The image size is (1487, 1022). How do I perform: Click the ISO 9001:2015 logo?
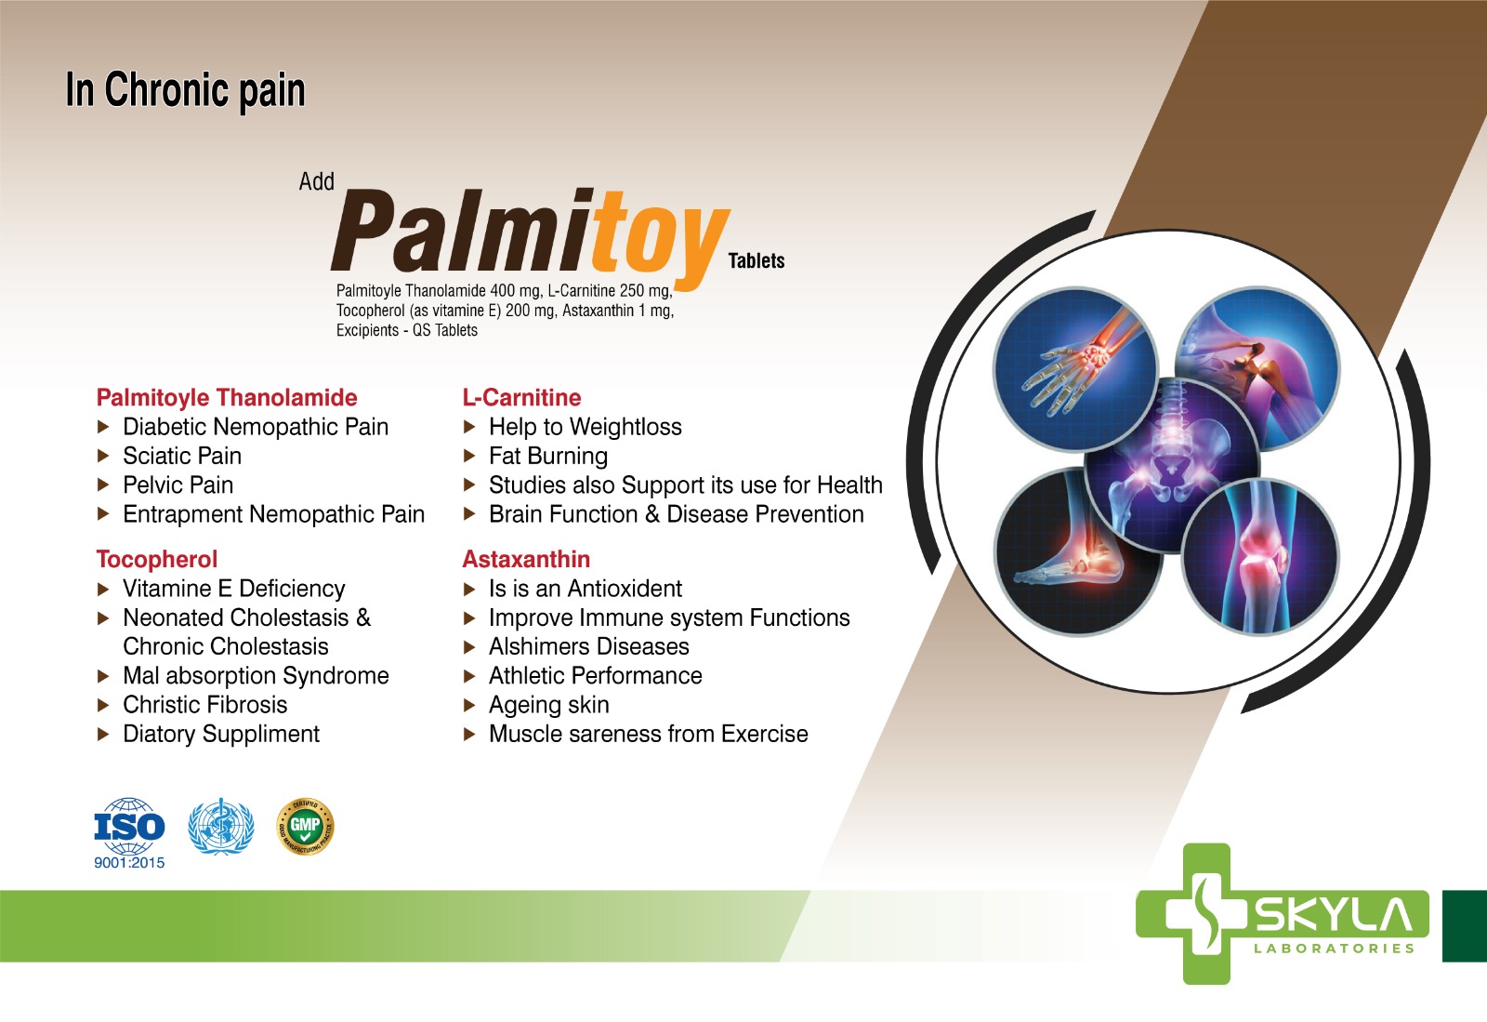pyautogui.click(x=129, y=833)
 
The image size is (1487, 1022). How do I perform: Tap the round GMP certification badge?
pyautogui.click(x=305, y=826)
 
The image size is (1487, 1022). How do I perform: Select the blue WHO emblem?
pyautogui.click(x=221, y=827)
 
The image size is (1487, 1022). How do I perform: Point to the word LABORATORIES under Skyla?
pyautogui.click(x=1335, y=949)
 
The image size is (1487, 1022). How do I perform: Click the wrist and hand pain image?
pyautogui.click(x=1075, y=368)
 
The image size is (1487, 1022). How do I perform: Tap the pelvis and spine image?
pyautogui.click(x=1172, y=465)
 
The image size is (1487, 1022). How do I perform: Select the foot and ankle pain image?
pyautogui.click(x=1079, y=552)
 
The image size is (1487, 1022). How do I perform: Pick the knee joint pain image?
pyautogui.click(x=1260, y=556)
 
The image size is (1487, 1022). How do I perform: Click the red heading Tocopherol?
pyautogui.click(x=157, y=559)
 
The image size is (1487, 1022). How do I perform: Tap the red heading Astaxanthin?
pyautogui.click(x=526, y=559)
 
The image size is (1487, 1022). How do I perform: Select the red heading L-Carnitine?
pyautogui.click(x=521, y=397)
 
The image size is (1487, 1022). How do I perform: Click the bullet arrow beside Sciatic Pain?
pyautogui.click(x=103, y=456)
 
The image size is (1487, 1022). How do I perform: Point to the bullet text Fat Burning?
pyautogui.click(x=548, y=457)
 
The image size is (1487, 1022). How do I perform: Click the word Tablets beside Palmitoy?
pyautogui.click(x=757, y=261)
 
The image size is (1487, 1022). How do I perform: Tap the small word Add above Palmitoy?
pyautogui.click(x=316, y=181)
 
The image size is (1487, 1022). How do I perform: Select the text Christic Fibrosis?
pyautogui.click(x=205, y=705)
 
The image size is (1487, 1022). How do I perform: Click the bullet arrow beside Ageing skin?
pyautogui.click(x=468, y=705)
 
